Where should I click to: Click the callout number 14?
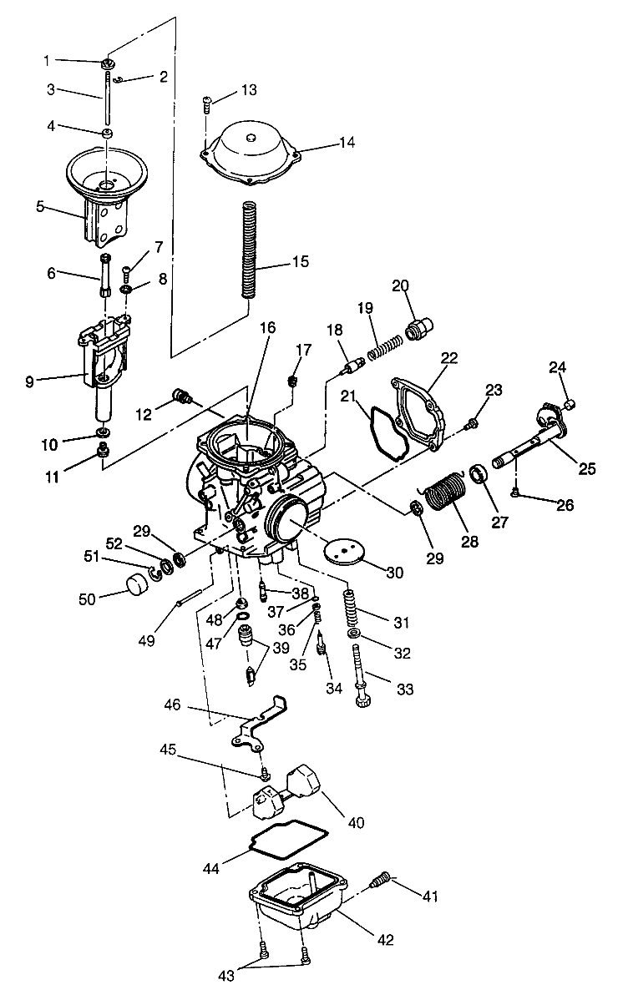tap(347, 143)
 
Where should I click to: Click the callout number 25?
tap(587, 468)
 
